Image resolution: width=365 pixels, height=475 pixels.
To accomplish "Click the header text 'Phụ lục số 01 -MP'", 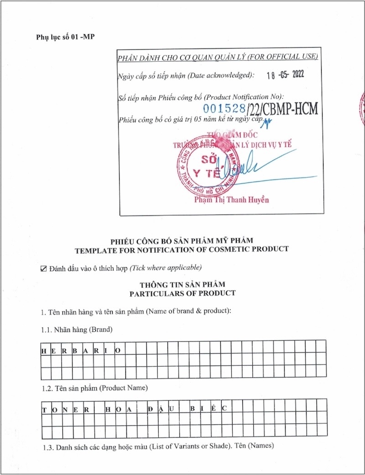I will pos(65,37).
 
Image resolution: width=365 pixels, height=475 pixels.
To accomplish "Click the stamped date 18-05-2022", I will pos(285,76).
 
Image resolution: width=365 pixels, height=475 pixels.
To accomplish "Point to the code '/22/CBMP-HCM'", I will pos(282,109).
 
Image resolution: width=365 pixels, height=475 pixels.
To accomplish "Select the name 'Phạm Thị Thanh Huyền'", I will pos(231,200).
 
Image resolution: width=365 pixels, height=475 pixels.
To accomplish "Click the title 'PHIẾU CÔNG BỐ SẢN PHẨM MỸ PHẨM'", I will pos(182,240).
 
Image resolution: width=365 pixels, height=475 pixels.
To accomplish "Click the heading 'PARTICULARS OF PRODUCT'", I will pos(182,293).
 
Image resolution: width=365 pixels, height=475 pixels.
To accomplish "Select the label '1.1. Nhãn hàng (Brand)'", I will pos(77,329).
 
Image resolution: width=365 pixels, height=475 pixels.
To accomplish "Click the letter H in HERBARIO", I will pos(44,351).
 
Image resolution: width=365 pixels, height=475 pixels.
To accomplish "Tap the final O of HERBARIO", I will pos(118,351).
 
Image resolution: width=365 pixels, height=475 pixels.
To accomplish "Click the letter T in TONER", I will pos(44,410).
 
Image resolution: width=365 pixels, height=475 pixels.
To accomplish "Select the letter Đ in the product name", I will pos(151,409).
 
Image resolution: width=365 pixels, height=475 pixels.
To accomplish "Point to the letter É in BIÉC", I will pos(214,409).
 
